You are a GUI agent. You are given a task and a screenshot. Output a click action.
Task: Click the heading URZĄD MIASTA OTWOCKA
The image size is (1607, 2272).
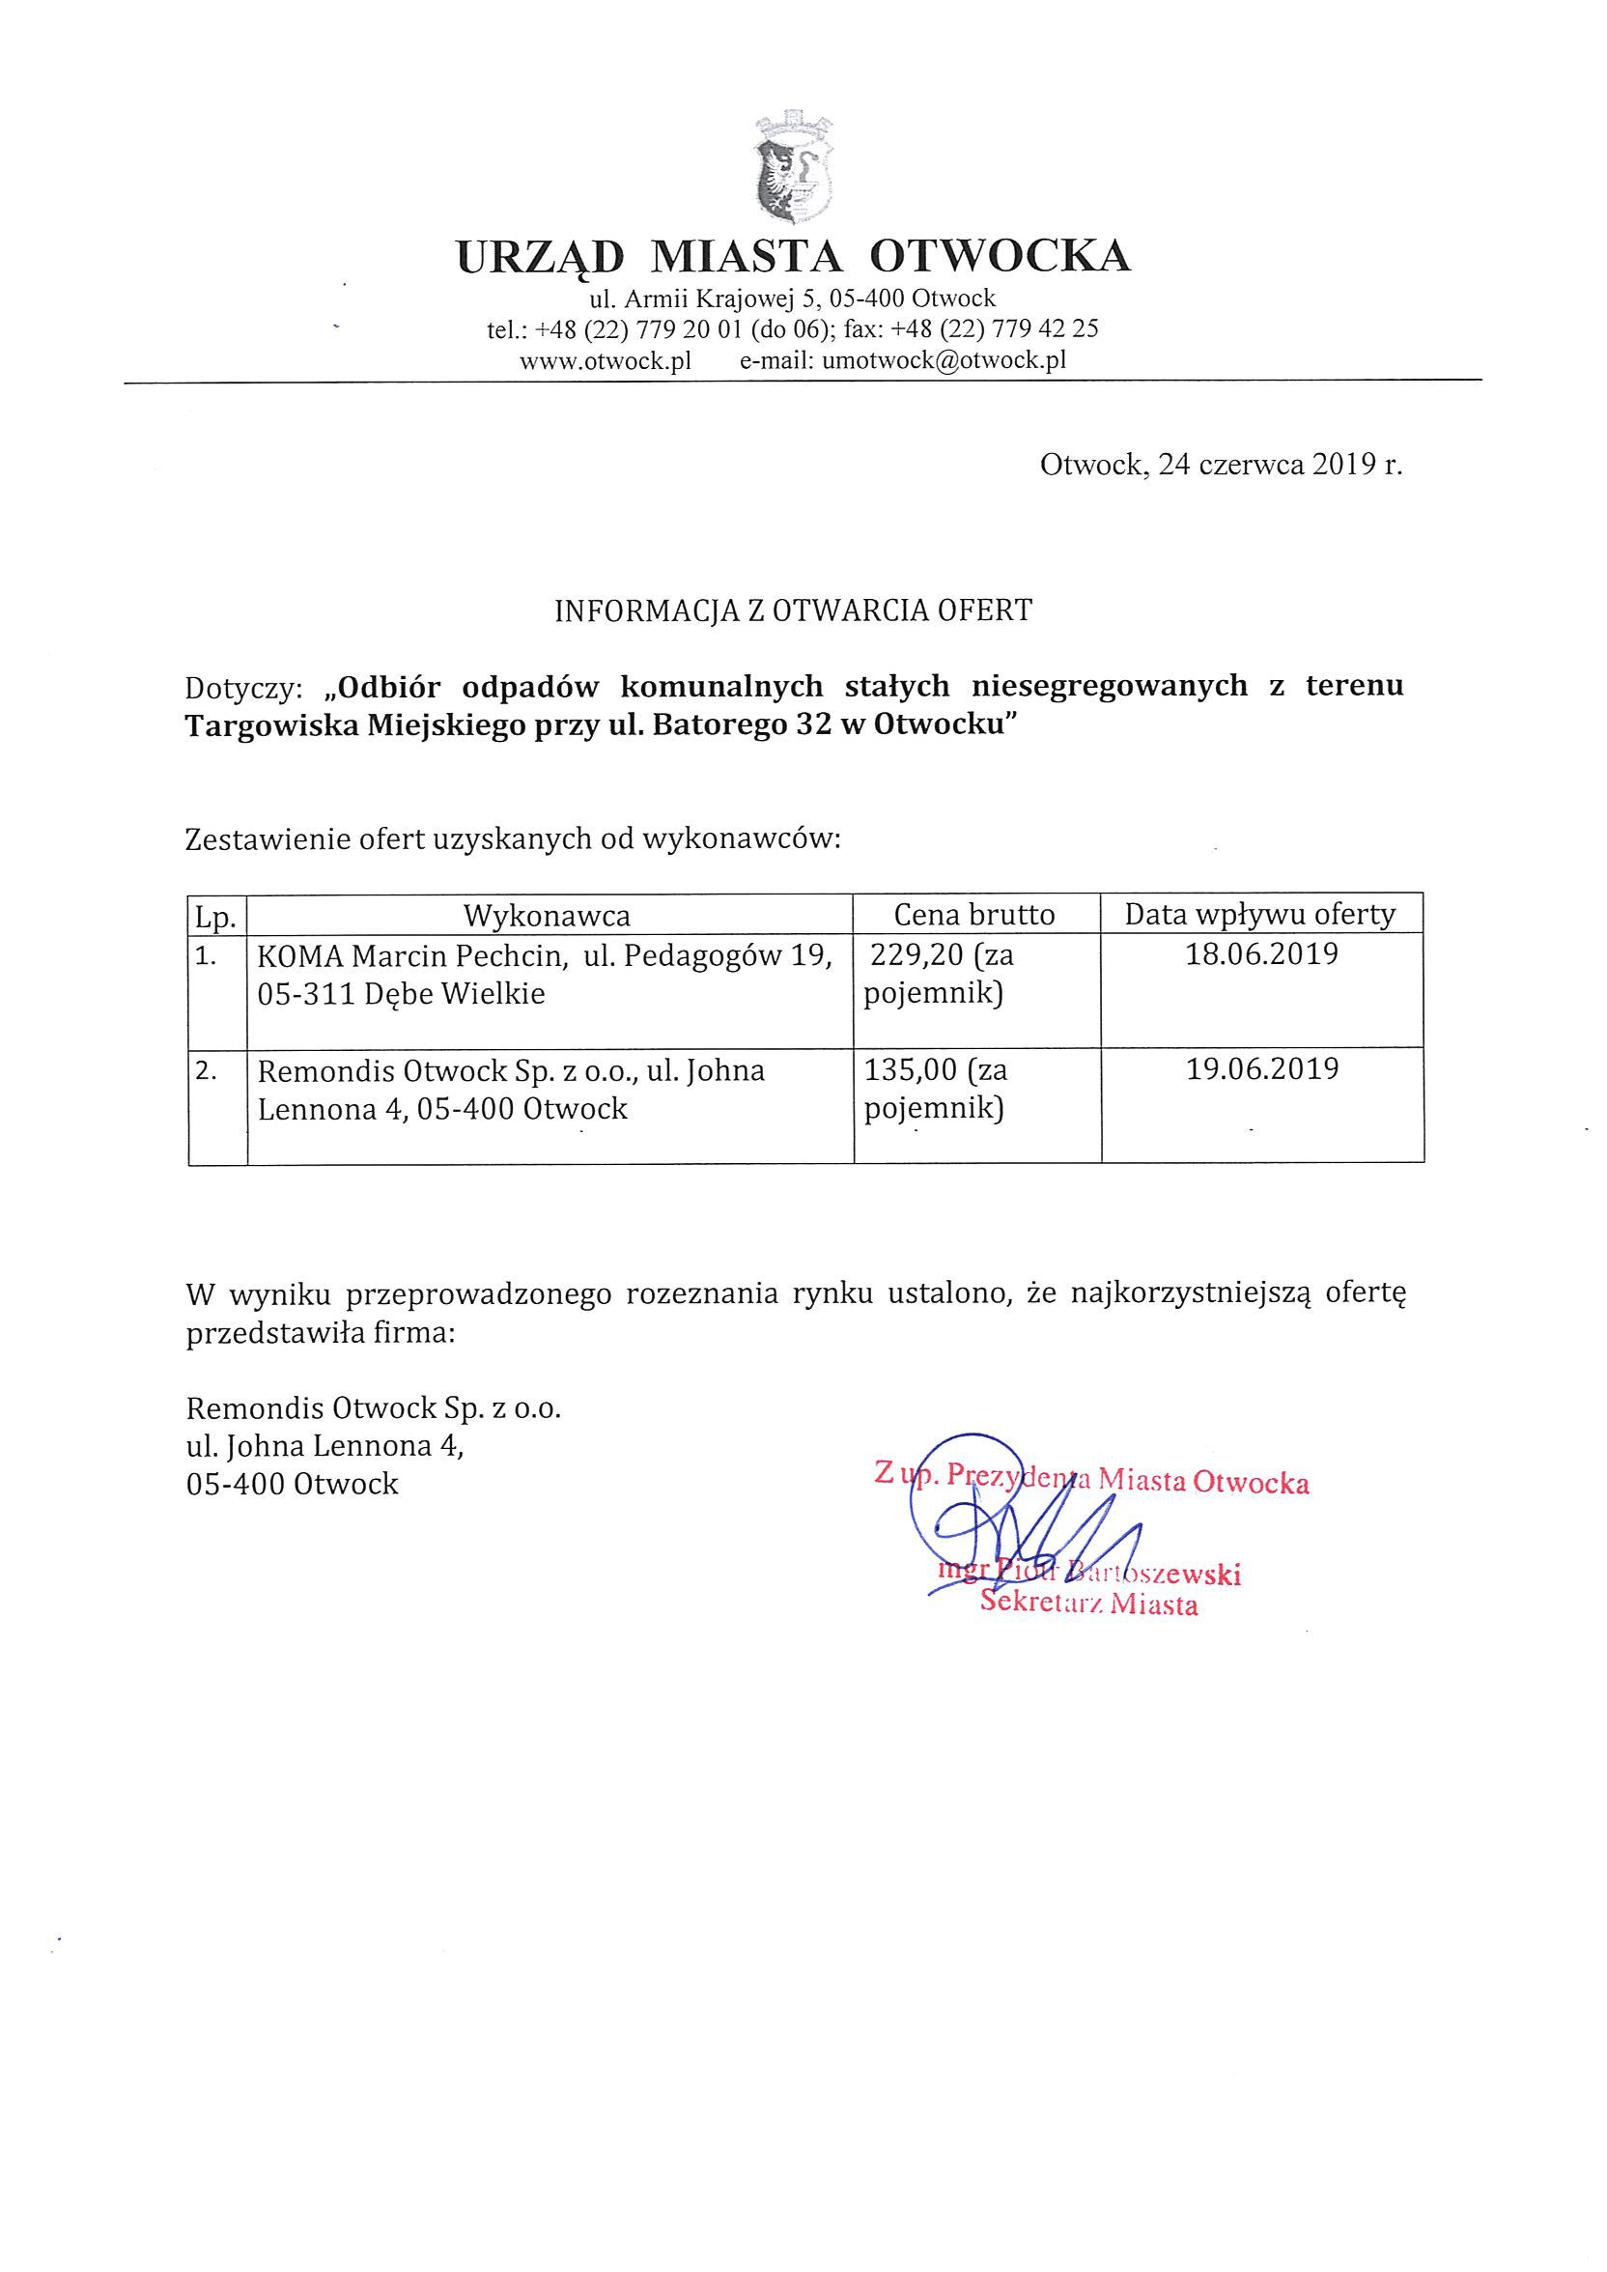(794, 255)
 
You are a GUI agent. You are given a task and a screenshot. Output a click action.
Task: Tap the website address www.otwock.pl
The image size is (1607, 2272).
(605, 361)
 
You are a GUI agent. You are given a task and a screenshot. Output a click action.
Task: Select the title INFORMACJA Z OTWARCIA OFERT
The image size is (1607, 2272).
(793, 611)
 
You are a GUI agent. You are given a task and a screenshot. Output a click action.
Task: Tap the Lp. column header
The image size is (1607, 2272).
(215, 917)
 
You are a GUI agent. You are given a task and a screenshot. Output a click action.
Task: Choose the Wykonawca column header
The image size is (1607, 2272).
(548, 916)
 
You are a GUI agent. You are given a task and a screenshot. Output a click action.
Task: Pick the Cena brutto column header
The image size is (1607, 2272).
(974, 915)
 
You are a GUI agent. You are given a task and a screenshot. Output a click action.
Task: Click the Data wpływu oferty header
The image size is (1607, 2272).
(1259, 915)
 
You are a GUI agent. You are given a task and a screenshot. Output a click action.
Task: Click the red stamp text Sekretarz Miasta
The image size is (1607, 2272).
(1088, 1604)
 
